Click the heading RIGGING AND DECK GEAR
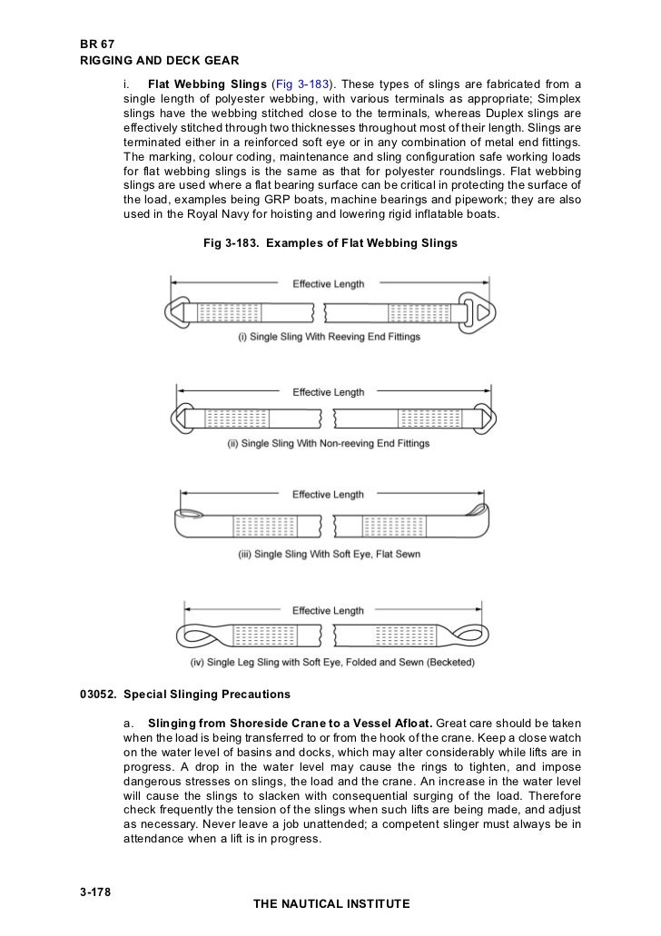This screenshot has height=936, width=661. [x=160, y=62]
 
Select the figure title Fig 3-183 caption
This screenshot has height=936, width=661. [x=328, y=243]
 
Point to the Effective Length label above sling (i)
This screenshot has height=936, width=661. [x=328, y=284]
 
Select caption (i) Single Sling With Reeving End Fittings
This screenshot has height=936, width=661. [x=328, y=337]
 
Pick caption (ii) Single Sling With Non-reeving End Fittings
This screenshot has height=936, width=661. [x=328, y=444]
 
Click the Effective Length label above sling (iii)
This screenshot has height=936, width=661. [x=328, y=495]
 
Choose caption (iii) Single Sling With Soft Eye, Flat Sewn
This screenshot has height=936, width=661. [x=328, y=553]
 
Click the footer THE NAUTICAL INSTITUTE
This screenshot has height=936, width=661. [x=333, y=904]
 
